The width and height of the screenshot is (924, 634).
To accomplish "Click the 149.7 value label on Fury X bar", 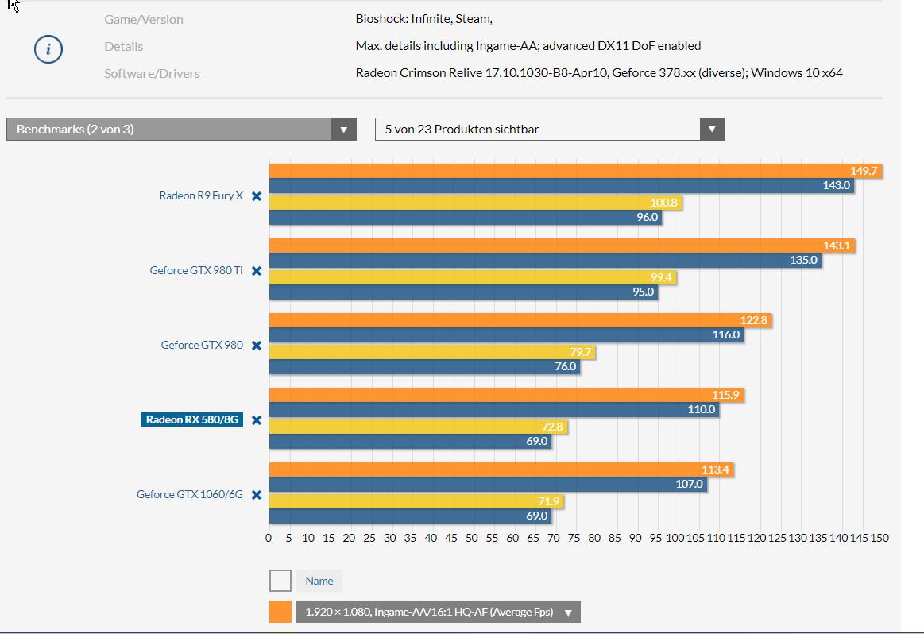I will pyautogui.click(x=864, y=171).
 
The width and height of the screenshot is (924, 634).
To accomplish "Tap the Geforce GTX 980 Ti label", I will pyautogui.click(x=196, y=270).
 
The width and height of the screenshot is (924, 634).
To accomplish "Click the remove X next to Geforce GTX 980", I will pyautogui.click(x=257, y=346).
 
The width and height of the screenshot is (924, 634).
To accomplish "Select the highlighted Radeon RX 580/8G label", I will pyautogui.click(x=192, y=419).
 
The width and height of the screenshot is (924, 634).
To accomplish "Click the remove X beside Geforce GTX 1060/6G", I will pyautogui.click(x=257, y=495).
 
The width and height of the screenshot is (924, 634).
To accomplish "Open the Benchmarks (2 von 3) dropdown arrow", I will pyautogui.click(x=344, y=130).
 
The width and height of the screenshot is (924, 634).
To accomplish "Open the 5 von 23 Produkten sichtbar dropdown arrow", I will pyautogui.click(x=712, y=130).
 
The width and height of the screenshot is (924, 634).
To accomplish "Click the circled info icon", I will pyautogui.click(x=48, y=50).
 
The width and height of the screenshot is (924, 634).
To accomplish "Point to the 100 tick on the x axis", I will pyautogui.click(x=675, y=538).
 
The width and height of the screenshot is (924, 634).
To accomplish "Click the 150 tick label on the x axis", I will pyautogui.click(x=879, y=538).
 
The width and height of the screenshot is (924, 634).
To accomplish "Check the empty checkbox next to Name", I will pyautogui.click(x=280, y=581).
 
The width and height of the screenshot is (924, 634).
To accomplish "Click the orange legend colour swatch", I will pyautogui.click(x=280, y=612).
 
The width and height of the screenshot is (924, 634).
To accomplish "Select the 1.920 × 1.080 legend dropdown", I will pyautogui.click(x=438, y=612).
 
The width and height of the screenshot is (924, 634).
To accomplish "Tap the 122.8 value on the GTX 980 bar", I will pyautogui.click(x=754, y=320).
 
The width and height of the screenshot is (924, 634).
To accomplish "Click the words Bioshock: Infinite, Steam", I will pyautogui.click(x=424, y=19).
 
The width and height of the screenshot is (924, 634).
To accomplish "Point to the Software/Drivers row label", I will pyautogui.click(x=152, y=73).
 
